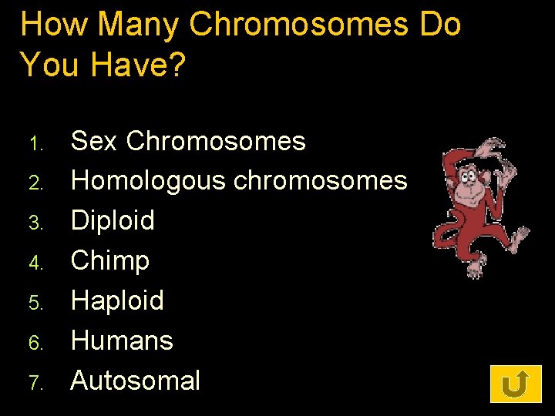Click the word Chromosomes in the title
click(x=298, y=25)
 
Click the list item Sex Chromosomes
click(x=188, y=141)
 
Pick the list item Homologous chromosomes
click(x=239, y=181)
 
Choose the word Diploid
click(x=113, y=220)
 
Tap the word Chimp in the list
click(x=110, y=260)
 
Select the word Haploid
click(x=117, y=300)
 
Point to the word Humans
click(x=122, y=341)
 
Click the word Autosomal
click(x=136, y=381)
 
